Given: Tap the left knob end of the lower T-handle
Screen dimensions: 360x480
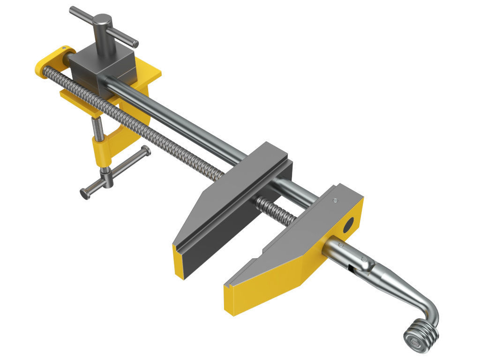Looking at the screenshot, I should pos(85,193).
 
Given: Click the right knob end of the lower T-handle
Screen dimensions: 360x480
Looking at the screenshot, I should pos(146,151).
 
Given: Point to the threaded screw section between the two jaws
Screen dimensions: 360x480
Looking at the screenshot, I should pos(277,211).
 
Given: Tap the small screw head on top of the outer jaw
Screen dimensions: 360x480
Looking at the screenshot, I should pos(335,201).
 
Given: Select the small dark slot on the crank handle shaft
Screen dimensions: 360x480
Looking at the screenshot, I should pos(351,268).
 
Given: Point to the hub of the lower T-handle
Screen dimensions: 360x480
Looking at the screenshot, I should pos(108,178).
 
